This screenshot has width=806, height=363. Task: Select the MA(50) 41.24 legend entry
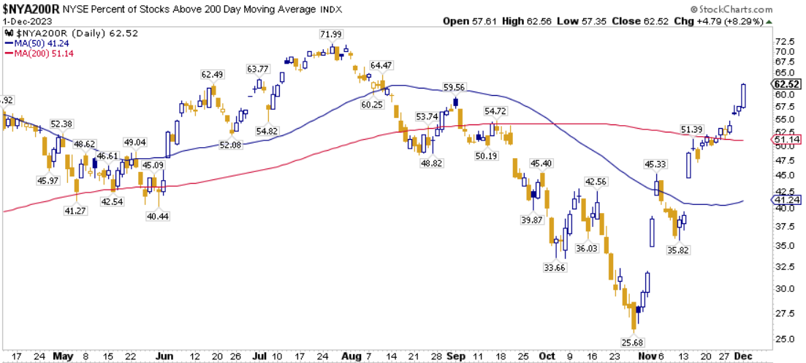(42, 44)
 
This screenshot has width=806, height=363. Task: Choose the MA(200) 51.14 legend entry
(44, 54)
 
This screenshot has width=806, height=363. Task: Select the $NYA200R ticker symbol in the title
(30, 9)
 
